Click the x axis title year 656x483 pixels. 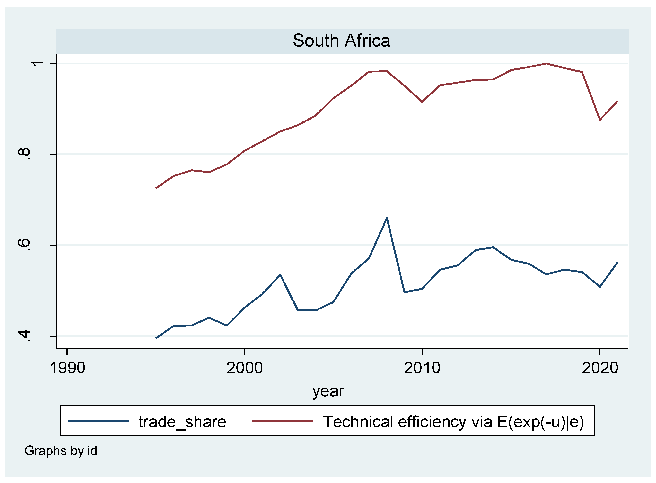point(328,391)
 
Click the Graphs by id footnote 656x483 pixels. point(61,451)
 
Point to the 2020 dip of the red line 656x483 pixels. point(600,120)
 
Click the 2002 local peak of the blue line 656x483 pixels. point(280,274)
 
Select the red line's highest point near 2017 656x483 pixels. point(546,63)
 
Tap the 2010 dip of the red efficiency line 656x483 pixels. point(422,102)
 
